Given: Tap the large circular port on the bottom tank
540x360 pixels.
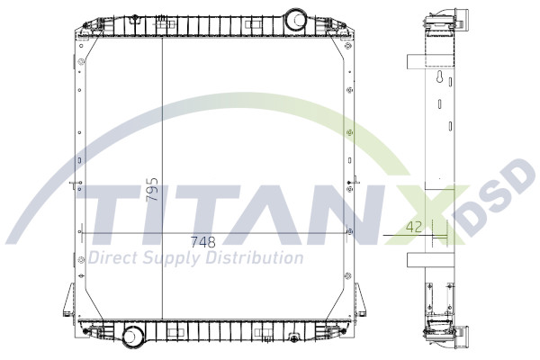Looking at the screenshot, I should [134, 337].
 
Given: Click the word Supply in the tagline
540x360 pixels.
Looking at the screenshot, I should [175, 259].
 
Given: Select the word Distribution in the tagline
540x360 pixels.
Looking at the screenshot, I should [256, 259].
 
